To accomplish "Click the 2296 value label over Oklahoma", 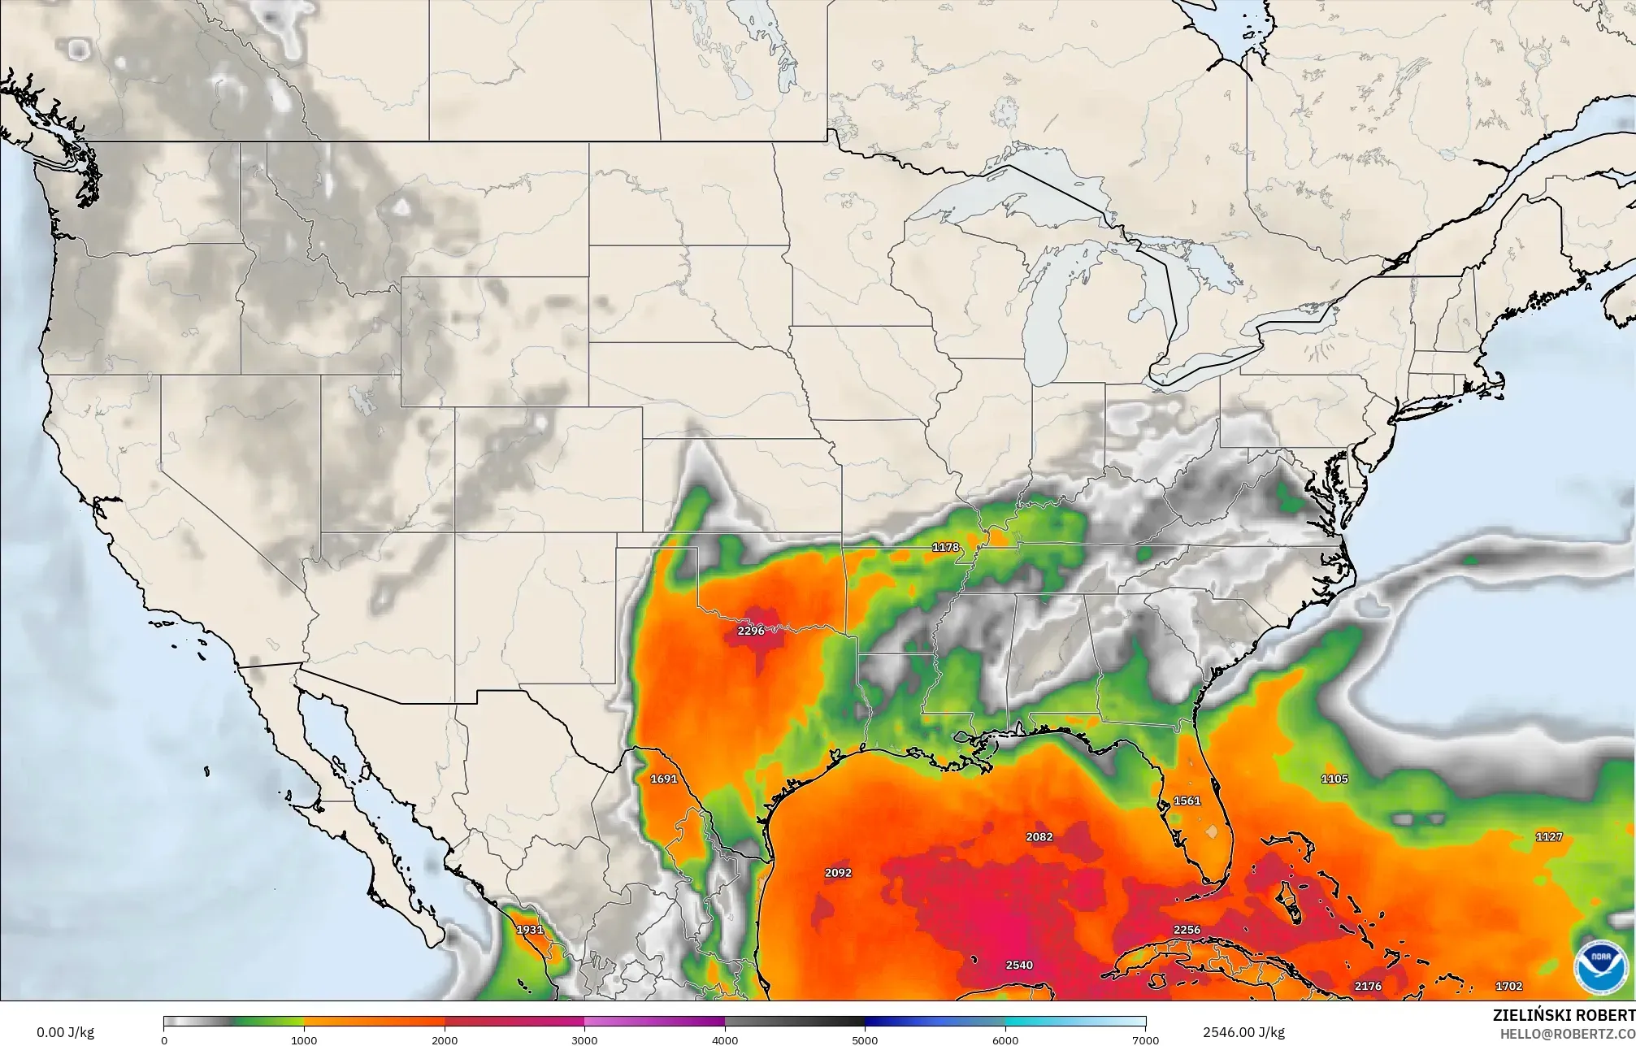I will click(750, 631).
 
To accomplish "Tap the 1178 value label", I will click(945, 548).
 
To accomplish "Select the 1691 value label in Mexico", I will click(663, 779).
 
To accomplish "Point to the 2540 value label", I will click(1019, 966).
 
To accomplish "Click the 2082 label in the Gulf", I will click(1039, 837).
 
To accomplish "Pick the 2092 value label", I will click(838, 873).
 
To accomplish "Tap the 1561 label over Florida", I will click(1187, 801).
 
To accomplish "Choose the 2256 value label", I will click(1187, 930).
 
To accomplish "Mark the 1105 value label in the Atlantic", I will click(1334, 779).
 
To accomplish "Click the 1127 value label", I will click(1549, 837).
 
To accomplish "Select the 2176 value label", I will click(1368, 987).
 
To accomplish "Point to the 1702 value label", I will click(1508, 987).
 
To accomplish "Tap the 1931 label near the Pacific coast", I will click(530, 930).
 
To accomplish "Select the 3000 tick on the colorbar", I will click(584, 1039).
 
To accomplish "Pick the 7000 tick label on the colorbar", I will click(1145, 1039).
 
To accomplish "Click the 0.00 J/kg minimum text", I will click(65, 1033).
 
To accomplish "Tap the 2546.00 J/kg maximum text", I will click(1243, 1033).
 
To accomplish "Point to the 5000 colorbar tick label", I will click(865, 1039).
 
